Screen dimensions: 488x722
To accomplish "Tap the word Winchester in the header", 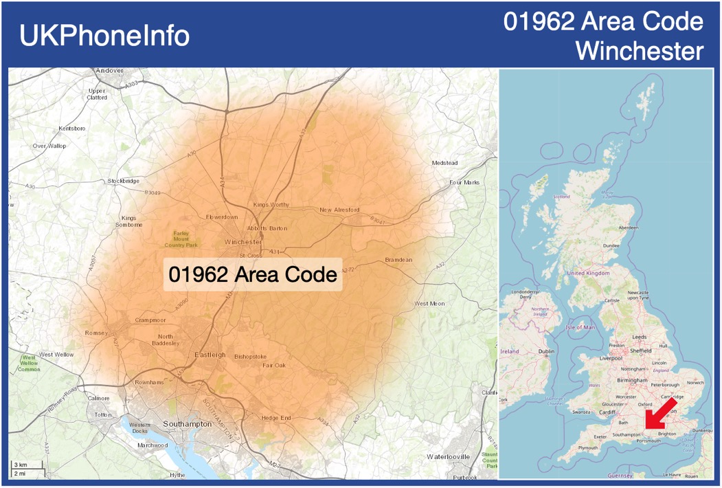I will (640, 50).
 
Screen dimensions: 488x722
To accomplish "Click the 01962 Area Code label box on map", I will (253, 274).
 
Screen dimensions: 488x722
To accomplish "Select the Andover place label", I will (109, 70).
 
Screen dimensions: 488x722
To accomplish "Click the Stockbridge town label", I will (123, 181).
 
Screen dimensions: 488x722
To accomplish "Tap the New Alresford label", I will (339, 210).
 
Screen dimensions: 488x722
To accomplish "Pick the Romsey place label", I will (96, 333).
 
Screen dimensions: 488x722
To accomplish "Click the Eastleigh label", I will (210, 355).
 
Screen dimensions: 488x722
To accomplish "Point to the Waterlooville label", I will (448, 456).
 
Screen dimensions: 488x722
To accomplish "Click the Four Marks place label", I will (464, 183).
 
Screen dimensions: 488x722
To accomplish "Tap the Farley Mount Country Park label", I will (181, 239).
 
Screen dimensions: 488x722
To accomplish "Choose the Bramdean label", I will (398, 260).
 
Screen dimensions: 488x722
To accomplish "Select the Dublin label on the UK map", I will (546, 351).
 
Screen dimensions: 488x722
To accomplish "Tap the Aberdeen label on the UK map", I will (628, 227).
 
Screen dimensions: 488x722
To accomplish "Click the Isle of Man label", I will (579, 327).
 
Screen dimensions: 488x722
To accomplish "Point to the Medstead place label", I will (444, 163).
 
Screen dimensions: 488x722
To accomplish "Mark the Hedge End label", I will (276, 418).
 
